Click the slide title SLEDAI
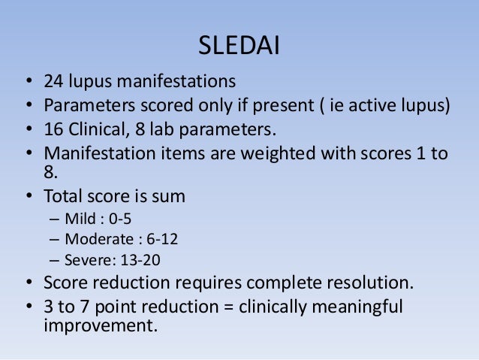click(239, 47)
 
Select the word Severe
click(86, 261)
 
